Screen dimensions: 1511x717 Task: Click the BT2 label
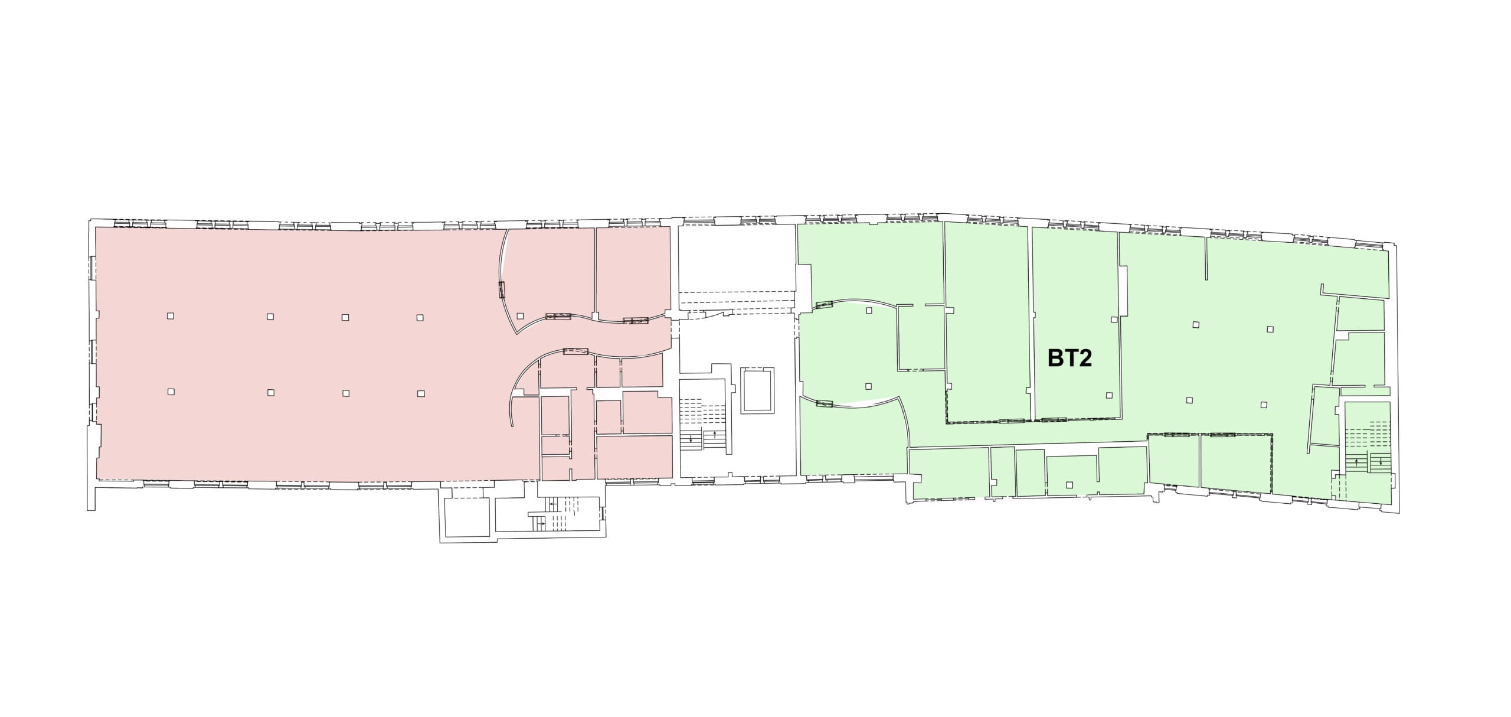(1070, 358)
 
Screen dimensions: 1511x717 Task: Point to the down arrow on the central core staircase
(691, 438)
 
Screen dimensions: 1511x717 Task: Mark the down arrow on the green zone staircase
(1381, 461)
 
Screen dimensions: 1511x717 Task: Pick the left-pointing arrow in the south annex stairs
(552, 504)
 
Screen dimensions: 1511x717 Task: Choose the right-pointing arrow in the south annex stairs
(541, 524)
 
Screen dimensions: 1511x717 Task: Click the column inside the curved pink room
(519, 315)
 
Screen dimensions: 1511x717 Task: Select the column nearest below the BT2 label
(1109, 395)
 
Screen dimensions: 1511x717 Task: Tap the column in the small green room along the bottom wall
(1069, 485)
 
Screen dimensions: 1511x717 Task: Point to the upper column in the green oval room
(869, 311)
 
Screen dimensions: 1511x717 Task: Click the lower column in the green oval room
(868, 386)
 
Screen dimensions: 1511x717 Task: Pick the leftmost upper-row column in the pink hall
(171, 316)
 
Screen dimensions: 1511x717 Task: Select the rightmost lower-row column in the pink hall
(421, 393)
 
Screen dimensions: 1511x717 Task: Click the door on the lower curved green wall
(823, 405)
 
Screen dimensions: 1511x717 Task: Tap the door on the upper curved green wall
(823, 305)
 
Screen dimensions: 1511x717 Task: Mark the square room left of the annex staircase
(466, 518)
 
